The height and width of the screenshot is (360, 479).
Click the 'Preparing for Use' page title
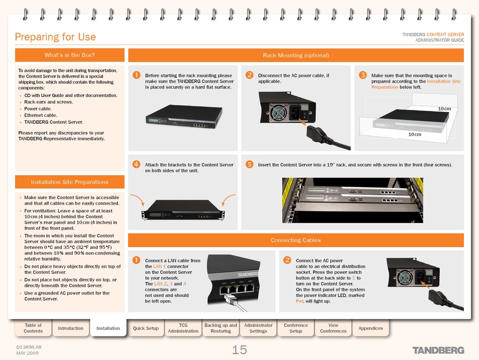point(55,37)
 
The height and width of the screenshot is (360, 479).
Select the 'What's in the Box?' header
point(70,55)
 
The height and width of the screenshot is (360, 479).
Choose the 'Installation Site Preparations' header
point(70,182)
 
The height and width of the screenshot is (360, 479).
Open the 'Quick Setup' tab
point(146,328)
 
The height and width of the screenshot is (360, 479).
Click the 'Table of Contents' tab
point(33,328)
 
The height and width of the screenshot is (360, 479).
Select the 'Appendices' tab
point(371,328)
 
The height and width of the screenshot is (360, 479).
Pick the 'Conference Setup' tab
point(296,328)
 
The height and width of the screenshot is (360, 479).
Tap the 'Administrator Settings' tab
point(258,328)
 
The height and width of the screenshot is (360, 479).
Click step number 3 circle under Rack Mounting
point(363,75)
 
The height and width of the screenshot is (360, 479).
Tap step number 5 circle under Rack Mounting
point(249,164)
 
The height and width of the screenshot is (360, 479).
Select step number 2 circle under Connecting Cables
point(287,260)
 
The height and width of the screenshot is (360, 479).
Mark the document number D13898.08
point(29,347)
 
